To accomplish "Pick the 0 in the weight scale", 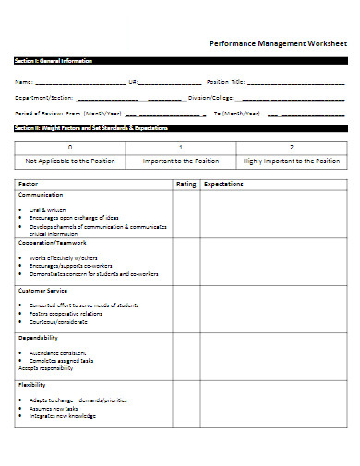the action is coord(70,148).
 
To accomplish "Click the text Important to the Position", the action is coord(181,161).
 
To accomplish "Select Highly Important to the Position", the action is coord(292,161).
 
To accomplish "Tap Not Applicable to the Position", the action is coord(70,161).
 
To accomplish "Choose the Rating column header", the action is coord(186,185).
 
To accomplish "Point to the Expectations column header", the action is coord(223,185).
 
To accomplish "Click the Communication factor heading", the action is coord(41,195).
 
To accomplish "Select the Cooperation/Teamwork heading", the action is coord(49,242).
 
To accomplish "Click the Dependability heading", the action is coord(39,338).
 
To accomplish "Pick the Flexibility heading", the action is coord(33,384).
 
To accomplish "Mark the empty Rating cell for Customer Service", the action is coord(186,309).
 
